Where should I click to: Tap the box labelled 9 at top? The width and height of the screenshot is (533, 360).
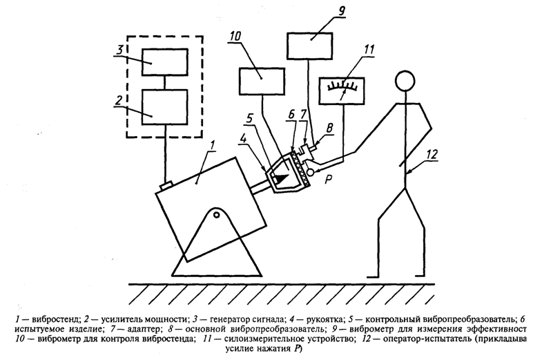click(x=310, y=46)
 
